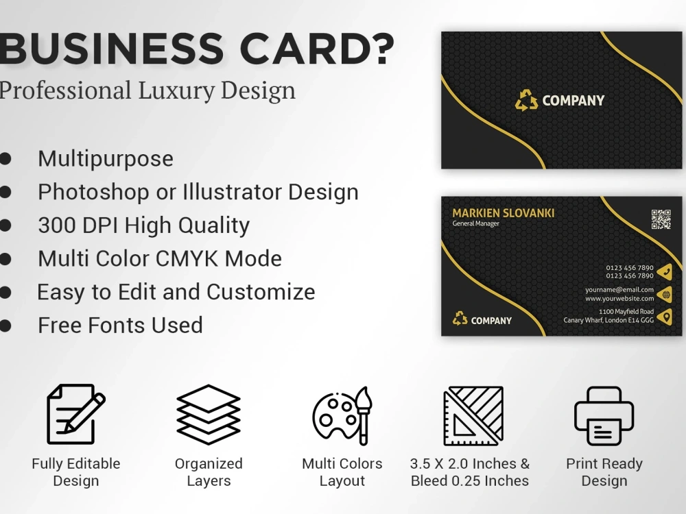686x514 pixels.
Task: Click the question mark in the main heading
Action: (381, 48)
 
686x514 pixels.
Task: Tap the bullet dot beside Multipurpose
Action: (5, 159)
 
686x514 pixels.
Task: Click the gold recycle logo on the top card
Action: (527, 101)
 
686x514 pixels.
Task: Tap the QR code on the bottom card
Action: (661, 219)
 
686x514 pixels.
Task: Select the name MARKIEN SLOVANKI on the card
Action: (504, 213)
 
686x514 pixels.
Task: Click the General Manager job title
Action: (476, 224)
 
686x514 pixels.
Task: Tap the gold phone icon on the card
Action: (664, 271)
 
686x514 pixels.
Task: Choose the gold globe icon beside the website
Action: (664, 295)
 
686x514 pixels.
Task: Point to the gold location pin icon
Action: (664, 317)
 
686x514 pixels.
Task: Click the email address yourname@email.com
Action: (619, 290)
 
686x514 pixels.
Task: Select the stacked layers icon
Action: (209, 414)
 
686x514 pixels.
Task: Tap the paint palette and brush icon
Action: (342, 415)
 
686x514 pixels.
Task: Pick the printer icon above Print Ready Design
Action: (604, 415)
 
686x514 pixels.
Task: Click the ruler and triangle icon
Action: (473, 415)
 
